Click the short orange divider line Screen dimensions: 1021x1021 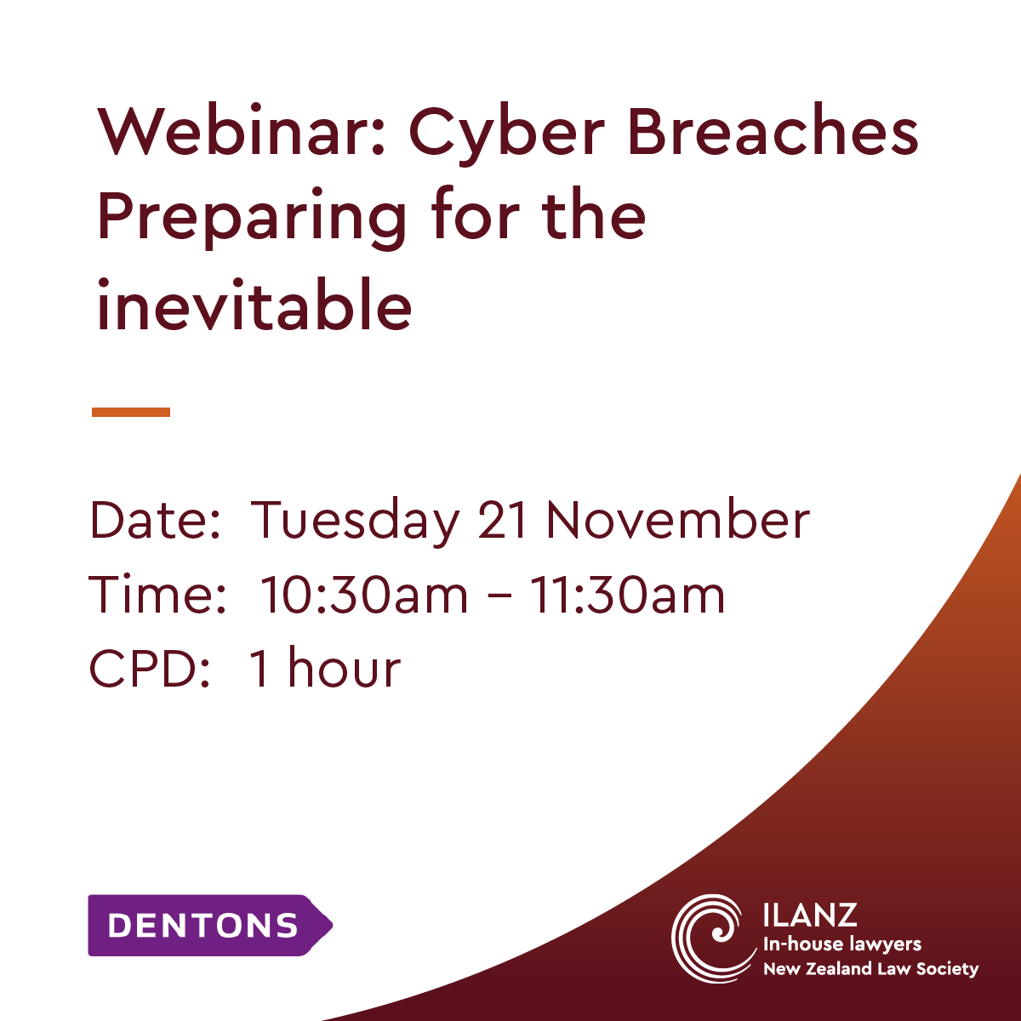pyautogui.click(x=131, y=412)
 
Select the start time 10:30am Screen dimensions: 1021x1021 pyautogui.click(x=364, y=595)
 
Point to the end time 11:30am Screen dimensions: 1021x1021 pyautogui.click(x=627, y=595)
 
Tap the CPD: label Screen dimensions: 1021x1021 pyautogui.click(x=151, y=668)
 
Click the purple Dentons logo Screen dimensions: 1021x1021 pyautogui.click(x=210, y=925)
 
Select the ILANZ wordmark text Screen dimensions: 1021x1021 pyautogui.click(x=810, y=915)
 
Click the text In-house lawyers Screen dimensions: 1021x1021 pyautogui.click(x=842, y=944)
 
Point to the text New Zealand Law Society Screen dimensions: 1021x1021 pyautogui.click(x=870, y=968)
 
